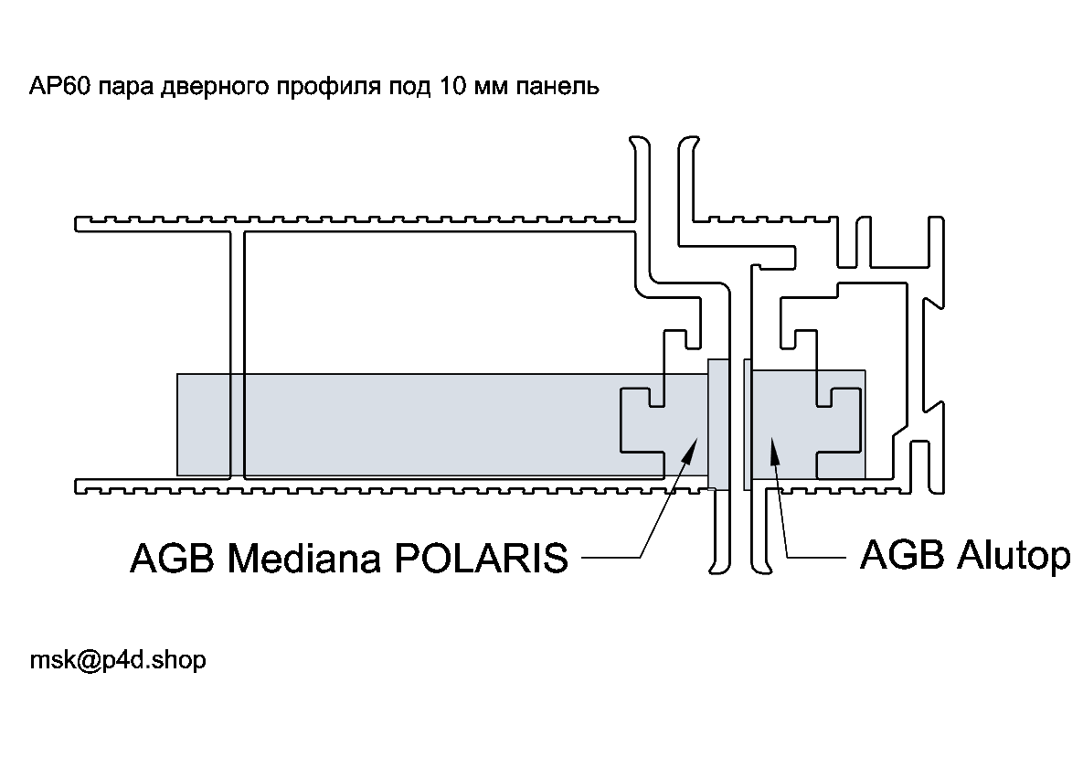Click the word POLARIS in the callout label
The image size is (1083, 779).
click(x=482, y=557)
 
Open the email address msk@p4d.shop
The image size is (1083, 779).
click(x=118, y=660)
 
